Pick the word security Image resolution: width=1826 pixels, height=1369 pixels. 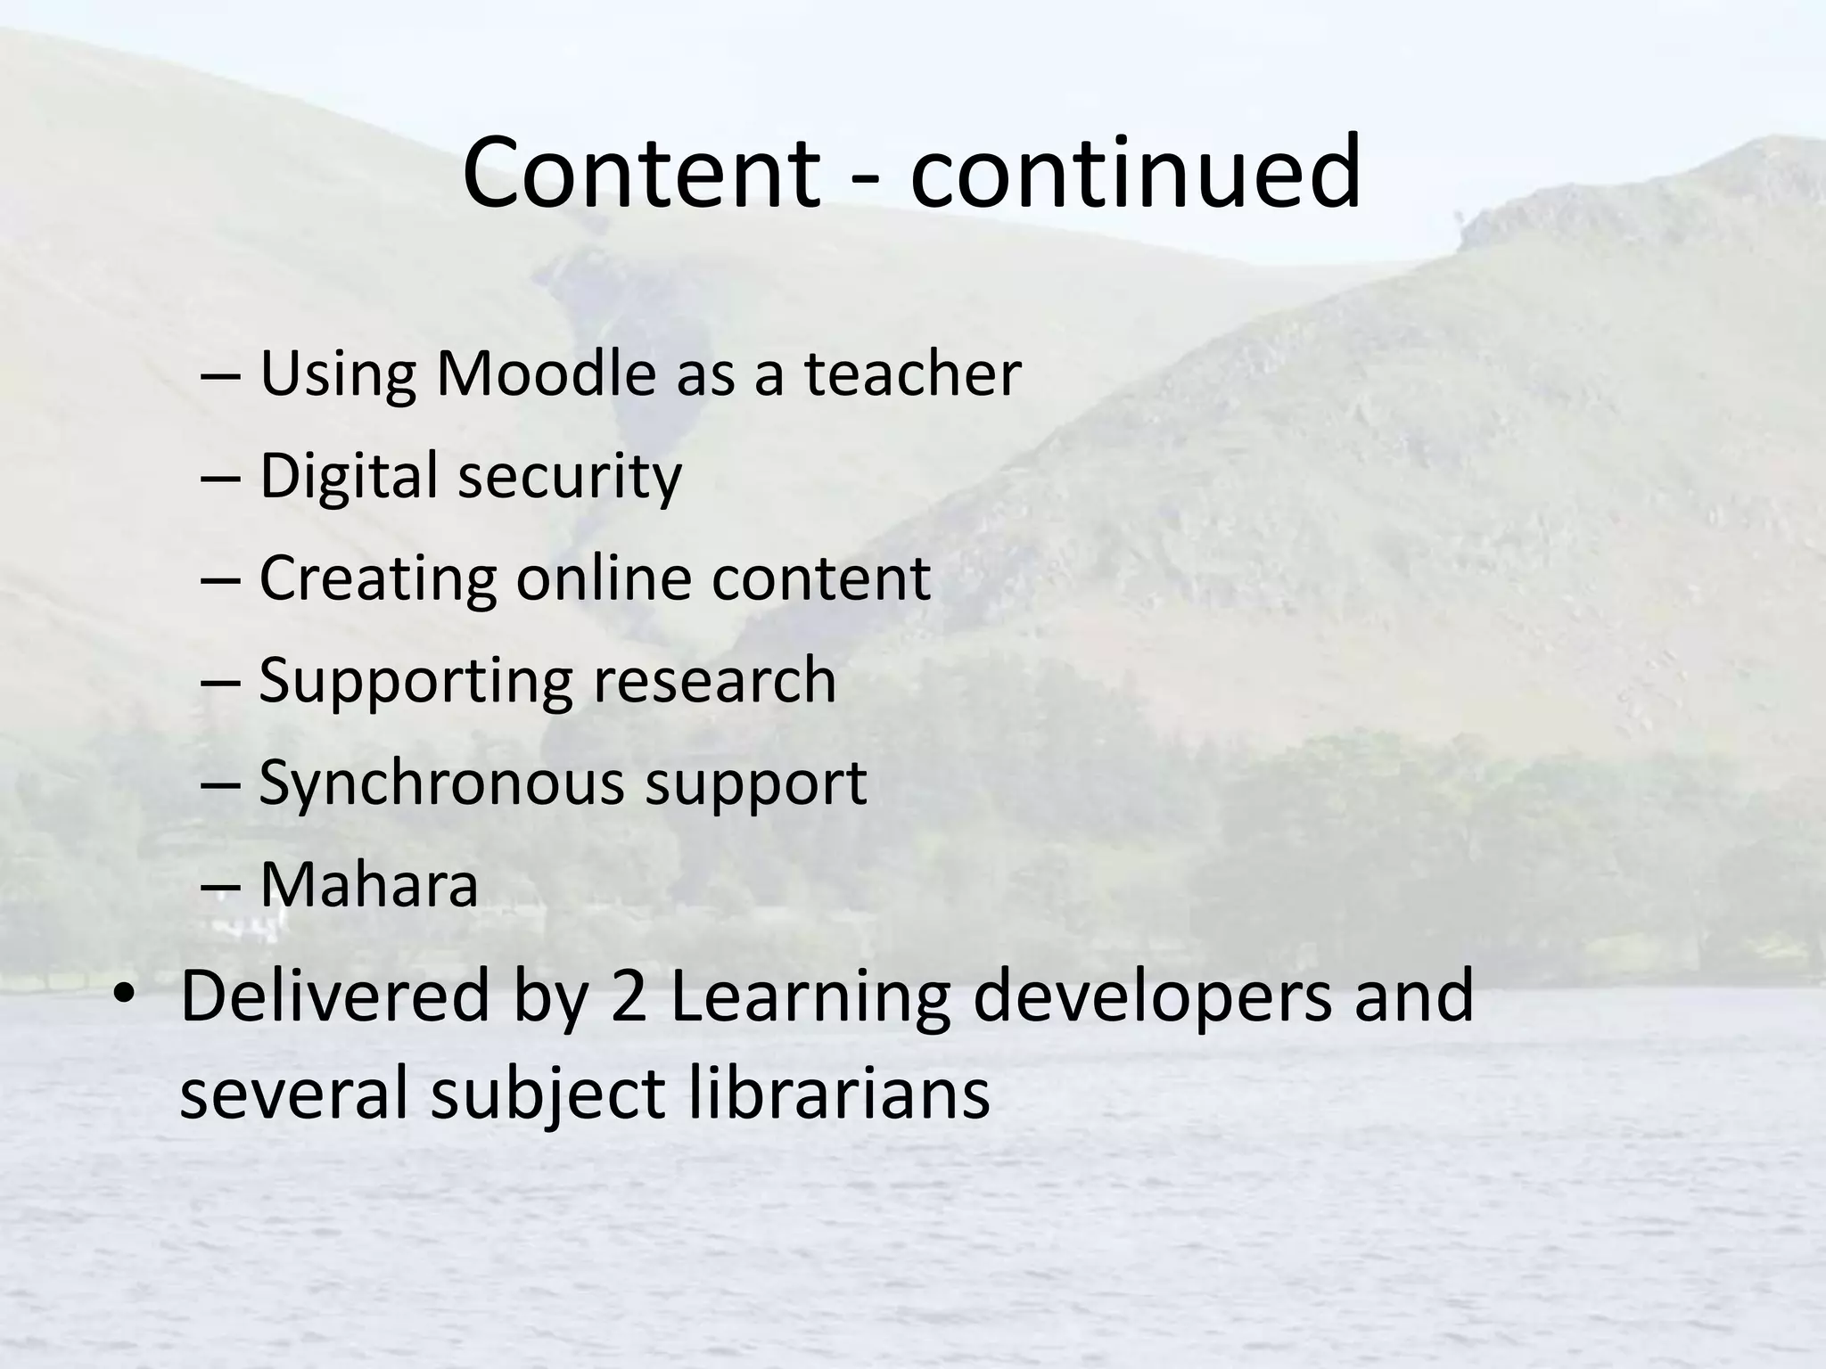tap(570, 477)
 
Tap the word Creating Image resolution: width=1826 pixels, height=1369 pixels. tap(377, 578)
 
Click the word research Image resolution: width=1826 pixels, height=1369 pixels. tap(714, 681)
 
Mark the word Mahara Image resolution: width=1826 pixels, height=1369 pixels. tap(369, 885)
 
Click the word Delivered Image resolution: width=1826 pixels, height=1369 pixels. tap(335, 996)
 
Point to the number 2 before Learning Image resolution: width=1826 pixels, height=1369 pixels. tap(629, 996)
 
